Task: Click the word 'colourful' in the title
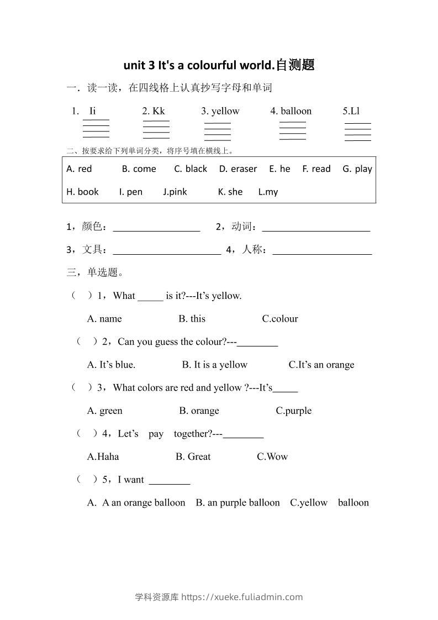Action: [x=205, y=65]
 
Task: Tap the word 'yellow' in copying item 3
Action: [x=225, y=111]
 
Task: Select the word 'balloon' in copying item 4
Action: [x=296, y=111]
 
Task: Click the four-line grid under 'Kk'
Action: [x=156, y=129]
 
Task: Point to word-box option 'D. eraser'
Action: [x=238, y=169]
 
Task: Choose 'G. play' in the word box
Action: [x=357, y=169]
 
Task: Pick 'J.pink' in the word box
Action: [x=175, y=192]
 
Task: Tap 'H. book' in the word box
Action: [x=82, y=192]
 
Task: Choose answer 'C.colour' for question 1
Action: [x=280, y=319]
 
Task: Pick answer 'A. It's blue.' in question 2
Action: [x=111, y=365]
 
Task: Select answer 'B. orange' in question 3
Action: [x=199, y=411]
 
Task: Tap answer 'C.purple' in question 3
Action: [x=293, y=411]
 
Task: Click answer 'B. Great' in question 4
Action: [x=193, y=457]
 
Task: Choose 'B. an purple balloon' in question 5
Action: [x=238, y=503]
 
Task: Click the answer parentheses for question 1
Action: [x=82, y=296]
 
